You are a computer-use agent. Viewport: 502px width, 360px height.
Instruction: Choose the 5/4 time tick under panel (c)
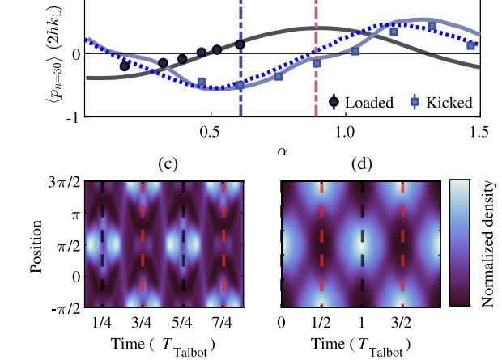tap(185, 323)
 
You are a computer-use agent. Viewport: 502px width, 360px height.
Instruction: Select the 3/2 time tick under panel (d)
tap(403, 323)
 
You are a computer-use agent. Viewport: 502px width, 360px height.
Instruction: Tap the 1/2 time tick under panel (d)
tap(321, 323)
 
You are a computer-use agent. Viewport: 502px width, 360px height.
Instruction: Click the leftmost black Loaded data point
tap(125, 66)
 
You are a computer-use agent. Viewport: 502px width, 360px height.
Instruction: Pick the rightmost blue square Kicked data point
tap(470, 46)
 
